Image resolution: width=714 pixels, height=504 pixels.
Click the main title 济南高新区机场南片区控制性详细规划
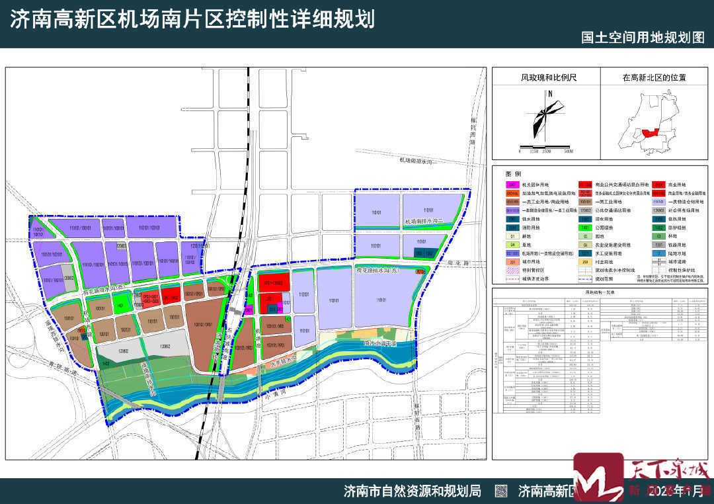(192, 19)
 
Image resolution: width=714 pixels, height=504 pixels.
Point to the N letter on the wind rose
(549, 95)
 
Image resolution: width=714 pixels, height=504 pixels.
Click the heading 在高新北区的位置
(654, 77)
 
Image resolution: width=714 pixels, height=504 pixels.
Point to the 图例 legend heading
(514, 173)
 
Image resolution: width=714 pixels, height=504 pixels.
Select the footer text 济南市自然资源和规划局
(412, 491)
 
